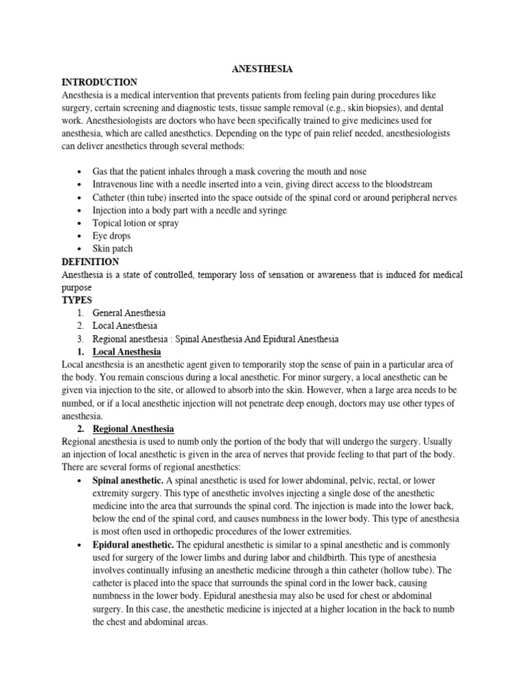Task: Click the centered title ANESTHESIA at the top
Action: pos(262,69)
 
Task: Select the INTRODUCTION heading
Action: pos(99,82)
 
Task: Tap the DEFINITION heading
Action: pos(90,262)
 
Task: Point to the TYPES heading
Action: pos(76,300)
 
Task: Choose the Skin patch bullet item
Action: pos(113,249)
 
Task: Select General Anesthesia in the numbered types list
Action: pos(129,313)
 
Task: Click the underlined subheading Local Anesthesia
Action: pos(126,352)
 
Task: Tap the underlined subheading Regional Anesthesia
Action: pos(133,429)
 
